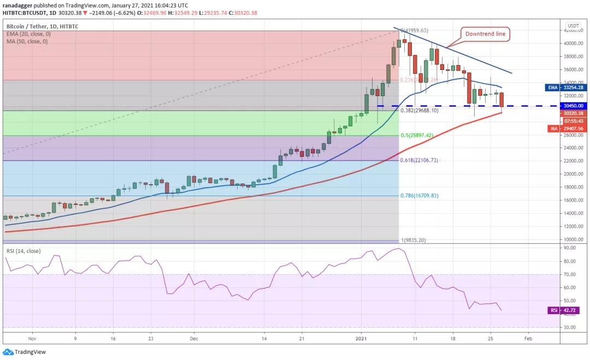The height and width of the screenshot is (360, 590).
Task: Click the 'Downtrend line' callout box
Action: (486, 34)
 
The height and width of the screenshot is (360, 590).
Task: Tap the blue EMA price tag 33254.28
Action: (573, 87)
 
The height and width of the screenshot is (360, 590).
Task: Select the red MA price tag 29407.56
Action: (573, 128)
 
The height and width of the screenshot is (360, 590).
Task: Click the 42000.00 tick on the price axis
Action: (573, 31)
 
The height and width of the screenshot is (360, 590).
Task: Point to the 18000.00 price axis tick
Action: (573, 187)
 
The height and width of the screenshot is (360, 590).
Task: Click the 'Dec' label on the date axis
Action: (194, 338)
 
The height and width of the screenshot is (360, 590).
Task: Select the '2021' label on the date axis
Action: (361, 338)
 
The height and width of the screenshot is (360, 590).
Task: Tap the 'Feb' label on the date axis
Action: (527, 338)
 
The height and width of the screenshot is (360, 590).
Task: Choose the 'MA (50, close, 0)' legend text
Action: (27, 42)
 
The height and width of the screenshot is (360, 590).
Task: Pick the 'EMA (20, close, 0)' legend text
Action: (28, 34)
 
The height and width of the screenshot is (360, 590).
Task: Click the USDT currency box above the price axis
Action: (573, 26)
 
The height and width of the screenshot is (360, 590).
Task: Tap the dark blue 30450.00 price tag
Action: (573, 105)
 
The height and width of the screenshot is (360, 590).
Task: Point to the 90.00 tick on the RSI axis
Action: (570, 248)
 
